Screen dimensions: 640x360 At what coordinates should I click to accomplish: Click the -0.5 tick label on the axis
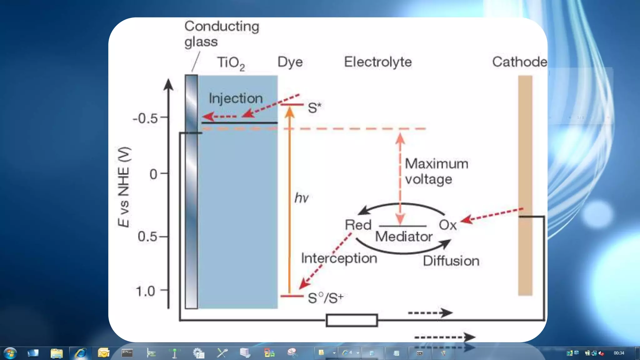(145, 119)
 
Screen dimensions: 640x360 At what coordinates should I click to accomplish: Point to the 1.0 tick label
(145, 291)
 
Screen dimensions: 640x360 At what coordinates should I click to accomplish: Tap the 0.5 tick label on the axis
(147, 237)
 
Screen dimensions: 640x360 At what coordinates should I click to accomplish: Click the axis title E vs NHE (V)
(124, 187)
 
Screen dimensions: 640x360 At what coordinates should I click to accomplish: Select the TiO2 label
(231, 63)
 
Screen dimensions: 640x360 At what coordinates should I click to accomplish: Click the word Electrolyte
(378, 62)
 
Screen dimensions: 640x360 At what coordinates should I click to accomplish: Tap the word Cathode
(520, 62)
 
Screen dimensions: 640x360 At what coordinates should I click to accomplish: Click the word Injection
(236, 98)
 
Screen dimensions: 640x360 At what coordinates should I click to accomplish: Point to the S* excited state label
(314, 108)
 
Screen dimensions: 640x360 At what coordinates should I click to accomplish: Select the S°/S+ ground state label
(326, 298)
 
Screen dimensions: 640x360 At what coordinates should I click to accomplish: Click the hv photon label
(301, 198)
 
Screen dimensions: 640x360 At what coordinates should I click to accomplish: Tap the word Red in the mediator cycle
(358, 225)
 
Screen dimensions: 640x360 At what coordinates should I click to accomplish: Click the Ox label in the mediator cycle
(447, 225)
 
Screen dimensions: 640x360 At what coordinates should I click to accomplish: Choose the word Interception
(339, 258)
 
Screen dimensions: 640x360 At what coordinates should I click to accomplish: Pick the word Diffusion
(451, 261)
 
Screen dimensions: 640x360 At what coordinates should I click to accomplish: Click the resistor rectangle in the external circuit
(352, 320)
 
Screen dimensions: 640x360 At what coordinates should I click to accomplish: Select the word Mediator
(404, 237)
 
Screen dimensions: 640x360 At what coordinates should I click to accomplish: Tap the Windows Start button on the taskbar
(10, 353)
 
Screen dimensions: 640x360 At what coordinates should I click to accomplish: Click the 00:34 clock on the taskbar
(619, 353)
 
